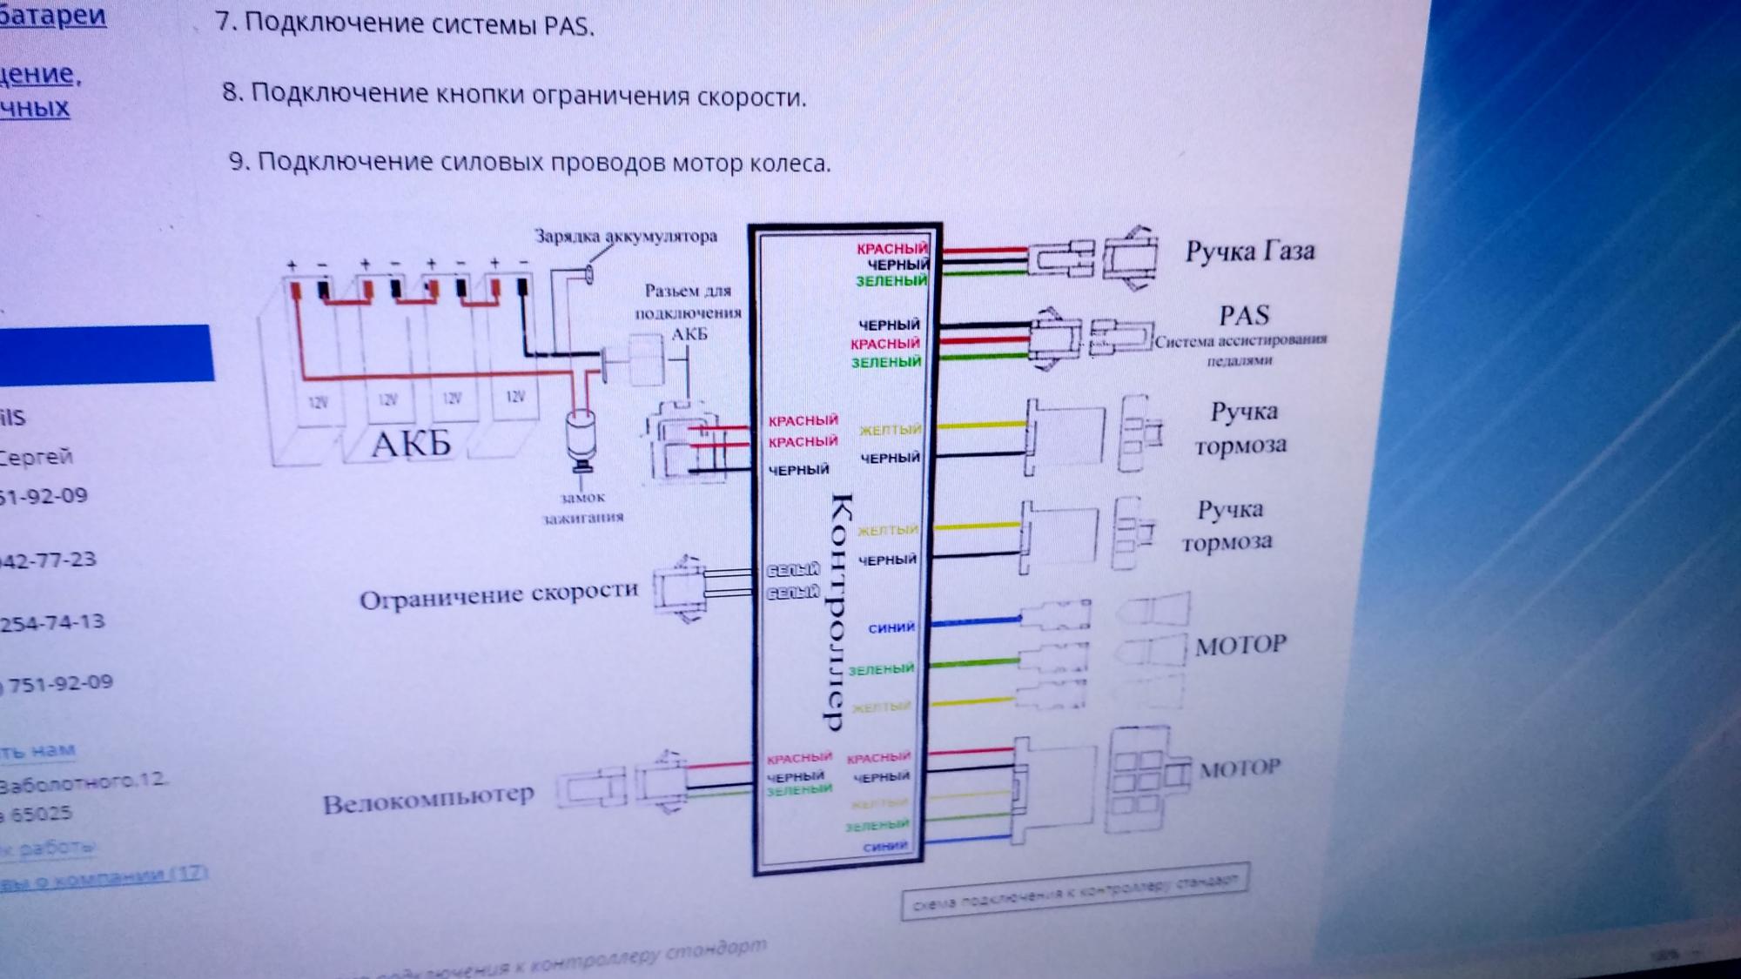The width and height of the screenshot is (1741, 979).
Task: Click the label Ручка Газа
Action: point(1249,252)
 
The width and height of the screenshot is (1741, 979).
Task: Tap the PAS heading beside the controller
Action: point(1244,315)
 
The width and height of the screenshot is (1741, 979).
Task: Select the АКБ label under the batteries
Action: point(411,445)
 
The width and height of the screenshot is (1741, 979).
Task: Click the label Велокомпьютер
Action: point(428,800)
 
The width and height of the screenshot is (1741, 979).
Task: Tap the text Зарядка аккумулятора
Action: point(625,236)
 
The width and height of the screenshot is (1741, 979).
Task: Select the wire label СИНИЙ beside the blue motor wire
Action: point(891,627)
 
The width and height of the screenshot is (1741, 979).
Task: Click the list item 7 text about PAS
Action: point(405,23)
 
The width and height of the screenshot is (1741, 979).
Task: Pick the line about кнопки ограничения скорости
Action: point(514,95)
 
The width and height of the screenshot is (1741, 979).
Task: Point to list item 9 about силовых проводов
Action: point(530,163)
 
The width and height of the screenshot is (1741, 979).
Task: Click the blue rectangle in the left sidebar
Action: point(106,352)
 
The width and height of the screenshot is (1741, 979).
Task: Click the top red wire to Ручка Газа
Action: point(984,250)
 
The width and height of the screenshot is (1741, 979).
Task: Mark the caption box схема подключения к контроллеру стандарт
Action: point(1075,891)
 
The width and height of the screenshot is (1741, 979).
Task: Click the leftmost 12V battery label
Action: point(318,401)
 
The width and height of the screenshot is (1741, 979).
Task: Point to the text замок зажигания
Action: point(582,507)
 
